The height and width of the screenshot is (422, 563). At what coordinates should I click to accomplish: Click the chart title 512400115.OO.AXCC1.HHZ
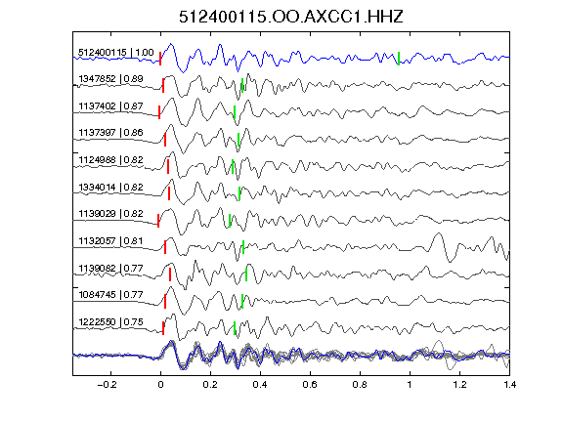click(x=291, y=17)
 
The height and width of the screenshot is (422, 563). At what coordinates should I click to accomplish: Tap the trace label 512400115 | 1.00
click(x=116, y=53)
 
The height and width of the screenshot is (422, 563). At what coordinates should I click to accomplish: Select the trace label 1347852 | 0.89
click(x=111, y=79)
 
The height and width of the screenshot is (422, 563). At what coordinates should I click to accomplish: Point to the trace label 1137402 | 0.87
click(x=111, y=106)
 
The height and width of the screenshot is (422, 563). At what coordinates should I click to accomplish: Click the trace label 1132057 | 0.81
click(x=111, y=240)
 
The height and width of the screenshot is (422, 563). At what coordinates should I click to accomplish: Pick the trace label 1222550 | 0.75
click(x=111, y=322)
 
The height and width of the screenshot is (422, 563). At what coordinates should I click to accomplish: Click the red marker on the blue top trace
click(x=160, y=59)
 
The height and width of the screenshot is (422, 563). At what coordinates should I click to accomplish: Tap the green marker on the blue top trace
click(x=399, y=59)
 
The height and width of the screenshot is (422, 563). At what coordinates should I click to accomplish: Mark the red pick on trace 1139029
click(x=158, y=221)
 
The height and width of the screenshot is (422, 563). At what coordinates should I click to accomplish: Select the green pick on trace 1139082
click(x=246, y=274)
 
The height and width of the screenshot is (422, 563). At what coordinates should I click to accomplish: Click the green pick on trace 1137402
click(x=235, y=112)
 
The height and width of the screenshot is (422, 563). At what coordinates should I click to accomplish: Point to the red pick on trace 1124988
click(x=168, y=166)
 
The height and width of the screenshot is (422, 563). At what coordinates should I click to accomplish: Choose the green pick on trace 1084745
click(x=242, y=301)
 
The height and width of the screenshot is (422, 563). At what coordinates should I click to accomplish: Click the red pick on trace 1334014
click(x=169, y=193)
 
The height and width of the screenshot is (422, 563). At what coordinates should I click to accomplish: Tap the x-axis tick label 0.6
click(x=310, y=385)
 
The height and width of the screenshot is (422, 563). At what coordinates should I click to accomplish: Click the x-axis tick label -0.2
click(x=107, y=385)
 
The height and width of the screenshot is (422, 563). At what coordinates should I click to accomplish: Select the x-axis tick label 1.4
click(x=509, y=385)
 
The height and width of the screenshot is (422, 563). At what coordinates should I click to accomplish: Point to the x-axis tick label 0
click(x=160, y=385)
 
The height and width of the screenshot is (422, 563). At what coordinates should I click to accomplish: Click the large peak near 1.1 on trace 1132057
click(x=438, y=234)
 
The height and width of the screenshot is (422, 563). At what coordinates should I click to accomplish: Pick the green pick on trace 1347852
click(x=242, y=85)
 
